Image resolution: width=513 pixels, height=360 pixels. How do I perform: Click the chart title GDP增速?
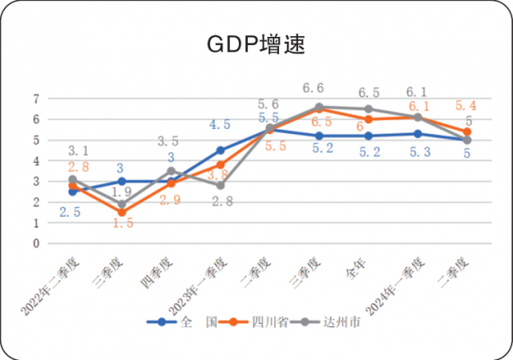[256, 43]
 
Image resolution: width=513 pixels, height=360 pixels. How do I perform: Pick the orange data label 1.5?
[123, 224]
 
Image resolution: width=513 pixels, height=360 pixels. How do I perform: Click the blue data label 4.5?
[220, 124]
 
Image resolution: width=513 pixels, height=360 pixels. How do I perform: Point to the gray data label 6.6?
[313, 88]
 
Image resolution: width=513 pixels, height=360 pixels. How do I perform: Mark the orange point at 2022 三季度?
[122, 212]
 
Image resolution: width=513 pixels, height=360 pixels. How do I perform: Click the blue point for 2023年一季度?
[220, 150]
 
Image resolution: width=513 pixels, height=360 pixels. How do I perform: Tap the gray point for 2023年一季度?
[220, 185]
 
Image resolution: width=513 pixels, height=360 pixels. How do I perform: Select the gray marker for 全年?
[369, 109]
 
